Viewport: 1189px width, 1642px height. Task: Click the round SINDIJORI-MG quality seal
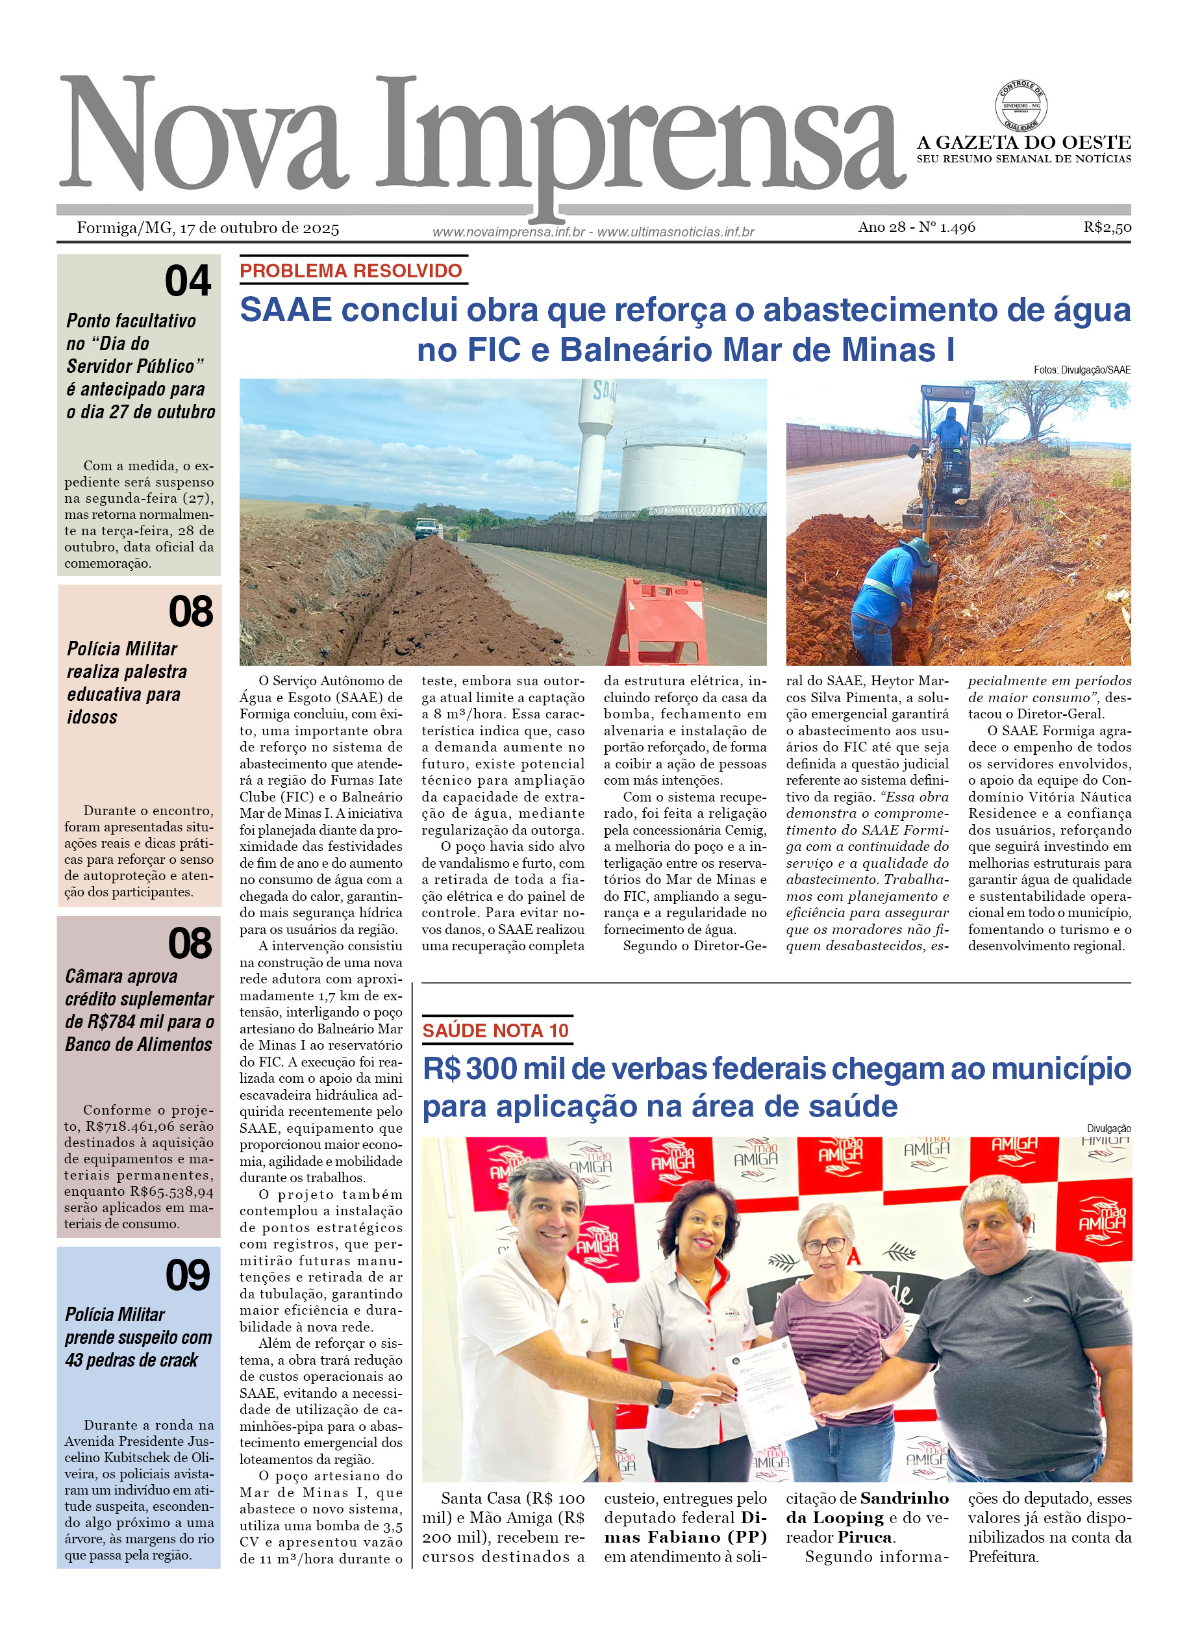pos(1020,107)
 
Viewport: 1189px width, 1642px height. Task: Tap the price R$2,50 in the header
pos(1107,227)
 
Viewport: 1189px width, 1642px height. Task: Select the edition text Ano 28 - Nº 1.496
pos(916,227)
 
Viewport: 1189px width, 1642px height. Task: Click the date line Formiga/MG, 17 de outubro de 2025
pos(208,229)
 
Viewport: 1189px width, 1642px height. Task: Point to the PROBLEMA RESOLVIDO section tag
pos(351,271)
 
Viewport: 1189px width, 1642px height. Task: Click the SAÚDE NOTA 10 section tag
pos(495,1030)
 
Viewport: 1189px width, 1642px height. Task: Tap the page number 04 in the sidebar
pos(188,281)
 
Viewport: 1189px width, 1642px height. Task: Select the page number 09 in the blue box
pos(188,1275)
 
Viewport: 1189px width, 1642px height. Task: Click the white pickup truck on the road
pos(427,529)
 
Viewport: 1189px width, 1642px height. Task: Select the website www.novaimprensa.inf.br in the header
pos(508,232)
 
